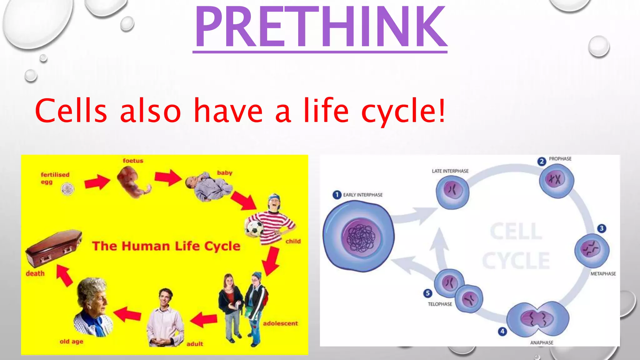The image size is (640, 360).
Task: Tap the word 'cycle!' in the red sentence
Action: point(403,111)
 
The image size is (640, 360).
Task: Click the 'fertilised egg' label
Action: point(55,178)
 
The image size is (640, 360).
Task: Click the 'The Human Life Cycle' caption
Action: point(166,246)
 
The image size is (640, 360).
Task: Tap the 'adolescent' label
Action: point(280,323)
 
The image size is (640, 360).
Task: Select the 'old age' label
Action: point(71,342)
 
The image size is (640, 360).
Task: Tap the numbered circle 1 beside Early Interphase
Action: point(337,195)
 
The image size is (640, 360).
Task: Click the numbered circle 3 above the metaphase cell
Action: point(602,228)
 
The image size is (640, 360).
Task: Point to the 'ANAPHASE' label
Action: point(542,342)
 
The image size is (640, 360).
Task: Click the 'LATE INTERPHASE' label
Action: point(450,171)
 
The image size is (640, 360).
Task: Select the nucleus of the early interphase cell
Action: point(362,237)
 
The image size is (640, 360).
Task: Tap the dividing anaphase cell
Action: point(537,319)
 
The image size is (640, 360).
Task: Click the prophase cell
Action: point(557,180)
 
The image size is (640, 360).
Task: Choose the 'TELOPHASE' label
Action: point(440,304)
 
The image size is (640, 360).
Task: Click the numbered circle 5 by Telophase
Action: point(427,293)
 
